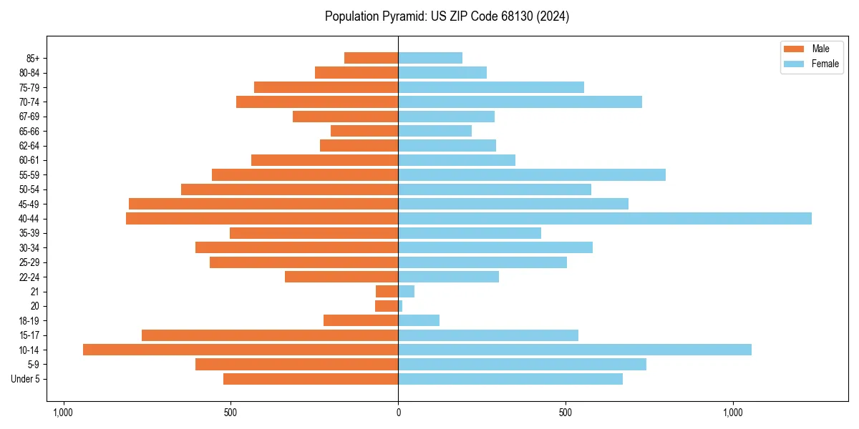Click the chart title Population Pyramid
[447, 16]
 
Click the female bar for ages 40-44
[605, 219]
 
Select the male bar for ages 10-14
[241, 350]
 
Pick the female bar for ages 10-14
[575, 350]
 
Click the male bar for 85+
[371, 58]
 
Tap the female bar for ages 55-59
[532, 174]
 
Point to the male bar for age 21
[387, 292]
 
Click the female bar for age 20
[400, 306]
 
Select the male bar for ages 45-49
[263, 204]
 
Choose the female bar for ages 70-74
[520, 102]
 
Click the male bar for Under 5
[311, 379]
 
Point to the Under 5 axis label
[25, 379]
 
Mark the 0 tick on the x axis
[398, 413]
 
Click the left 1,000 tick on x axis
[63, 413]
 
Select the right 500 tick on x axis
[566, 413]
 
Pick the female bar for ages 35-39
[470, 233]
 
